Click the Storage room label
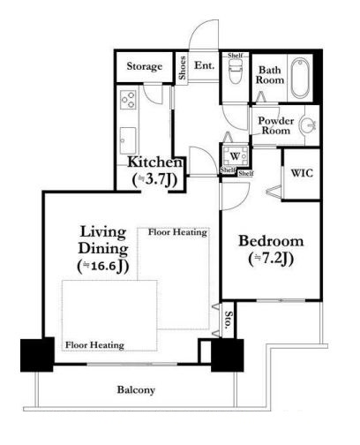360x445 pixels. [x=144, y=66]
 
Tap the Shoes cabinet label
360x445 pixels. [x=183, y=68]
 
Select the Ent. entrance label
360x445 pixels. [x=204, y=65]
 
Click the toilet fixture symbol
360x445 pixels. [x=236, y=71]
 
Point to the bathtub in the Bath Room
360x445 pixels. [x=300, y=78]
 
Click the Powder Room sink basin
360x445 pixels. [x=308, y=126]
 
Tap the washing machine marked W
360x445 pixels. [x=235, y=156]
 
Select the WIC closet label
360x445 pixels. [x=302, y=173]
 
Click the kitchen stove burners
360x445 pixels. [x=128, y=100]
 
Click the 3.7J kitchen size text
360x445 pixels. [x=155, y=180]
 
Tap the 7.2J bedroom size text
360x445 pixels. [x=271, y=259]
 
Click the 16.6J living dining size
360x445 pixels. [x=103, y=266]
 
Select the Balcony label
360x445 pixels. [x=136, y=390]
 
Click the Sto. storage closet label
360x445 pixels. [x=229, y=320]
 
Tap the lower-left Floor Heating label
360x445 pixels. [x=94, y=345]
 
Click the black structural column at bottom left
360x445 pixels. [x=37, y=354]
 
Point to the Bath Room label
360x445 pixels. [x=270, y=75]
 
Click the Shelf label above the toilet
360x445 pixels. [x=236, y=56]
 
